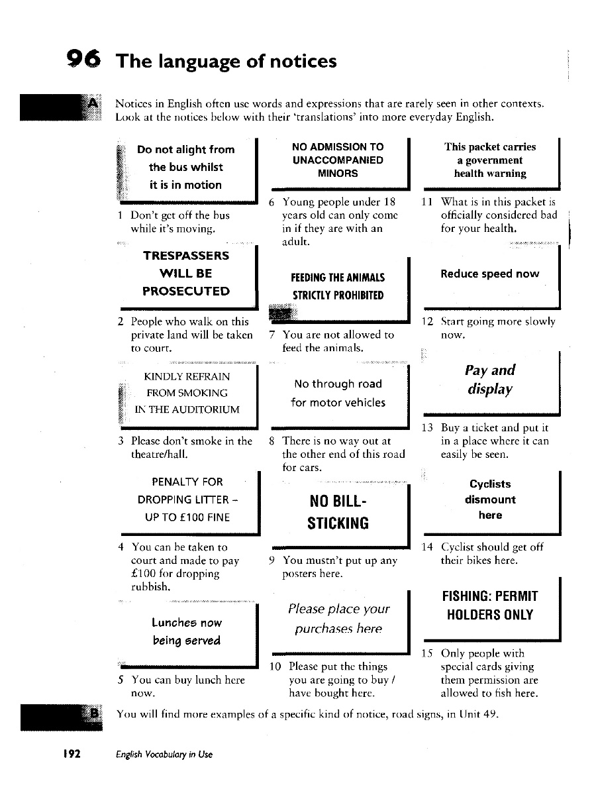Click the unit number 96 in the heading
coord(84,61)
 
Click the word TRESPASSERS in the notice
coord(186,256)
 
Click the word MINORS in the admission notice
coord(338,174)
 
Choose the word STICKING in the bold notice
coord(338,523)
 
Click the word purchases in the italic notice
coord(338,629)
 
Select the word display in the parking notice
coord(489,389)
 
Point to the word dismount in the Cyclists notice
coord(490,500)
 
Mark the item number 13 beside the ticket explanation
coord(427,427)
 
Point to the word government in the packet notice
coord(490,160)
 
